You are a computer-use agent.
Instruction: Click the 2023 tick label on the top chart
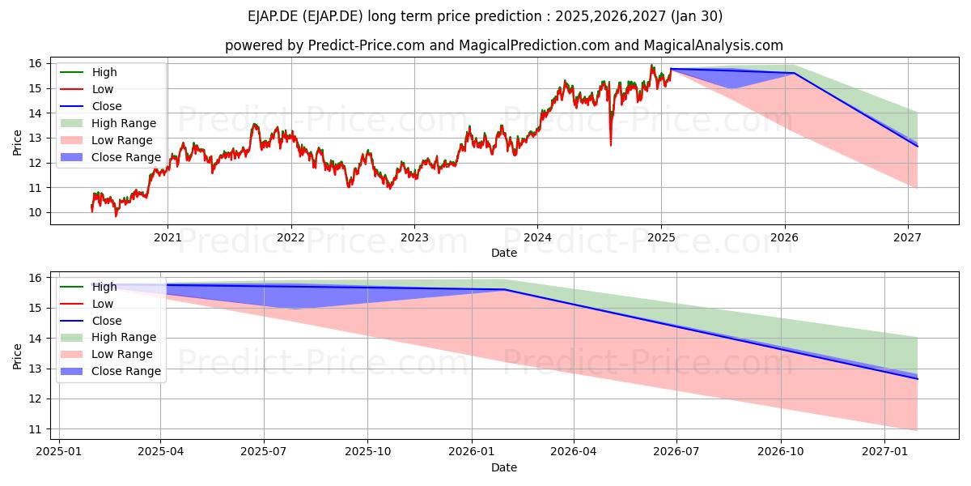pos(414,238)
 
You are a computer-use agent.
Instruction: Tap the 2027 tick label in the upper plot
pos(908,238)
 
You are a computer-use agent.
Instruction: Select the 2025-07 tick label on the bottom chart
pos(264,452)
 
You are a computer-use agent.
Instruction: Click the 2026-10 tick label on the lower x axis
pos(781,452)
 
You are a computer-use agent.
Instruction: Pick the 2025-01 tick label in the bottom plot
pos(59,452)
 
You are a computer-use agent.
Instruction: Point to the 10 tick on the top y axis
pos(35,212)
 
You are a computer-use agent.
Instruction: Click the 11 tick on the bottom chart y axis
pos(35,429)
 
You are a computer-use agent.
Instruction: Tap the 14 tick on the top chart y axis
pos(35,113)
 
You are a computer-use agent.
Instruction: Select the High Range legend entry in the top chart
pos(108,123)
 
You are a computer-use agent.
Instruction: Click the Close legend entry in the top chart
pos(91,106)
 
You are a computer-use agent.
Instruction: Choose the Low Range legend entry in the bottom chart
pos(107,354)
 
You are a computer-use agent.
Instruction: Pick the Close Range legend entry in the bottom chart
pos(111,371)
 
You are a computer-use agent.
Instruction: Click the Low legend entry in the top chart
pos(87,89)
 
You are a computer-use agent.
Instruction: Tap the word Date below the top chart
pos(504,253)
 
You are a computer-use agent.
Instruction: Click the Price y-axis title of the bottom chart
pos(17,356)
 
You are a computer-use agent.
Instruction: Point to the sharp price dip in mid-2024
pos(611,144)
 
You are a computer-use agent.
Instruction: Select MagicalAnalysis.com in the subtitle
pos(714,45)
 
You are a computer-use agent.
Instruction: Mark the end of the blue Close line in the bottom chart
pos(918,379)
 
